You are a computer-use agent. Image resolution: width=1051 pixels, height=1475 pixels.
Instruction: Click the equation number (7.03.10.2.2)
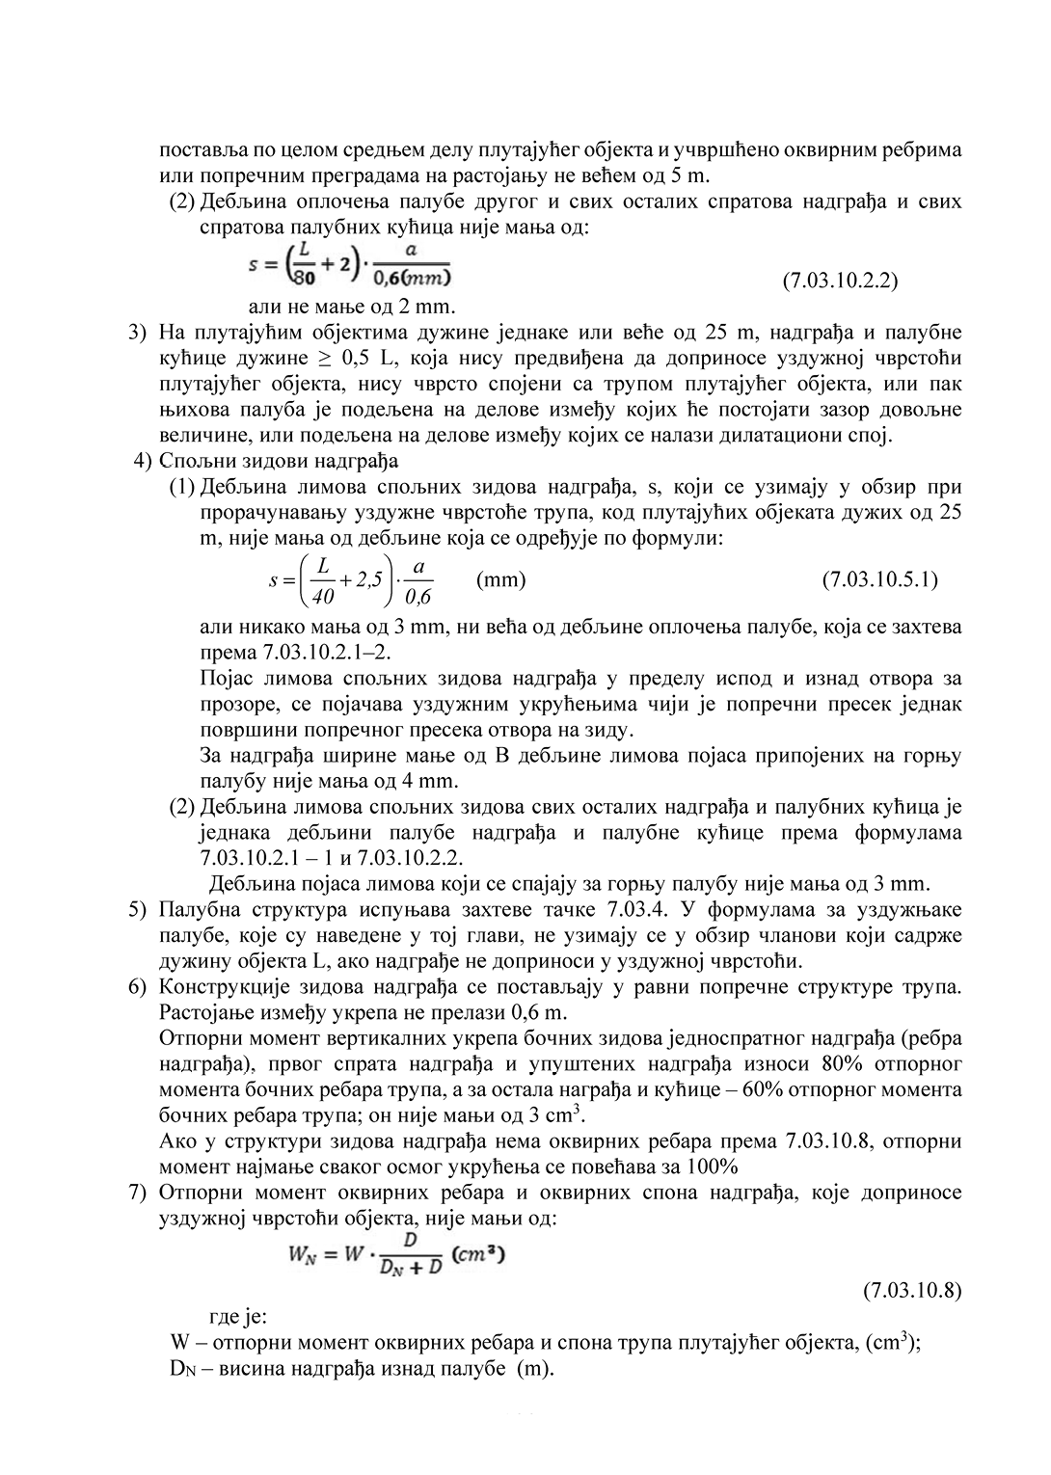coord(840,281)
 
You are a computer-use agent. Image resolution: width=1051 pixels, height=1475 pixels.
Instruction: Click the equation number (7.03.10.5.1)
coord(879,579)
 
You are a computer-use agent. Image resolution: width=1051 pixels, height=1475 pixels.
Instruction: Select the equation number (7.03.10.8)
coord(911,1290)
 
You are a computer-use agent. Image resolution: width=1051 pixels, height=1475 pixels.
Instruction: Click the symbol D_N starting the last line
coord(181,1369)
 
